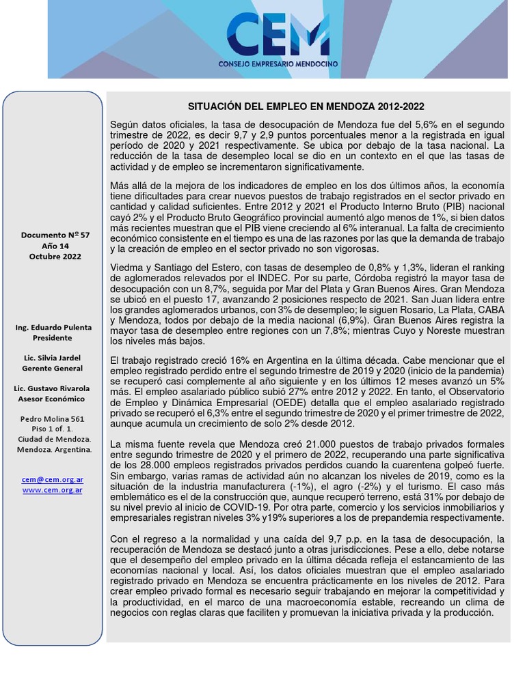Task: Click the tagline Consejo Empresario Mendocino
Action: [x=278, y=64]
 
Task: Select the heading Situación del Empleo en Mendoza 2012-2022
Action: [x=306, y=106]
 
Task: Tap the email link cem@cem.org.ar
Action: [x=52, y=480]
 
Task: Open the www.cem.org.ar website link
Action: [x=52, y=490]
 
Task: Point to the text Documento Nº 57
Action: [x=55, y=236]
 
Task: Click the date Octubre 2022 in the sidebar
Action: [x=55, y=257]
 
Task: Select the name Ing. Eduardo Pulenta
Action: [x=53, y=328]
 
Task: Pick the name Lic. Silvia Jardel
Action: [x=53, y=358]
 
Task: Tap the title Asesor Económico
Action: [x=53, y=399]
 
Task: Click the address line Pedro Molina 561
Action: [x=53, y=419]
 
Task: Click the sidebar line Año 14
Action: [x=55, y=246]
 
